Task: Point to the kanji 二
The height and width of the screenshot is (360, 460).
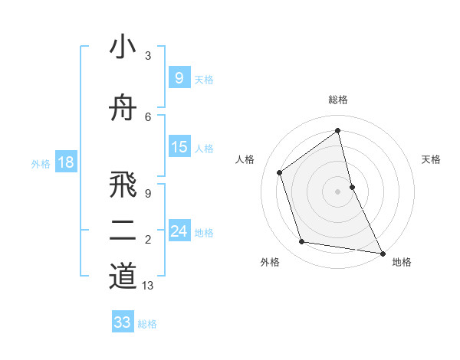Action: click(123, 230)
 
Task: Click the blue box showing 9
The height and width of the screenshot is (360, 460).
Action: click(179, 77)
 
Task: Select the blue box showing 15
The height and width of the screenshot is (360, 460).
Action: click(179, 147)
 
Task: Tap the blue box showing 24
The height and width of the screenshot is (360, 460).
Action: click(179, 231)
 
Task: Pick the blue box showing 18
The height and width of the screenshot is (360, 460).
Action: click(65, 162)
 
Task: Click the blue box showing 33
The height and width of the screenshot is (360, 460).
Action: click(122, 322)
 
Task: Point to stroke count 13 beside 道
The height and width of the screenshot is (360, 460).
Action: click(149, 286)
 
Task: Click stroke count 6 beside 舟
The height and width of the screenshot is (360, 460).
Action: click(148, 116)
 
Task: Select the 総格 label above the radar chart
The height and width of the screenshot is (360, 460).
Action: click(338, 100)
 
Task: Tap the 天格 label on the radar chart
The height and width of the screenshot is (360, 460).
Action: click(431, 159)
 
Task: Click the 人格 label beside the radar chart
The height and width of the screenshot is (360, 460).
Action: click(245, 159)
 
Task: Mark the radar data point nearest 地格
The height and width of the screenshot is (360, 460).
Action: click(382, 252)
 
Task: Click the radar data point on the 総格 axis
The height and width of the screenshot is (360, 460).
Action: click(338, 130)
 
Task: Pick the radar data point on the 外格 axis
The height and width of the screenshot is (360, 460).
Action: click(302, 242)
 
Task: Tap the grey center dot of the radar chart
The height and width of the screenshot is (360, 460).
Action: click(338, 191)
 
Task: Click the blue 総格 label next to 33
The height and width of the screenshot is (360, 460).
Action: click(147, 324)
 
